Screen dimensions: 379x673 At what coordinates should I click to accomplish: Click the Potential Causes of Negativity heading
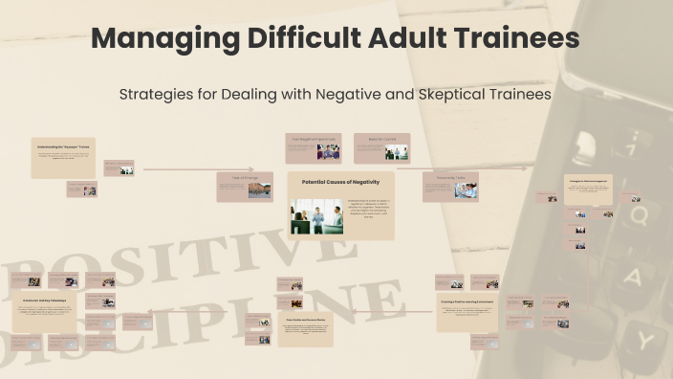[x=340, y=181]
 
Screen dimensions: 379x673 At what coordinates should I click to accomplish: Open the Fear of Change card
[x=244, y=187]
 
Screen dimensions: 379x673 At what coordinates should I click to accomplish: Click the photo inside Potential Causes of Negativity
[x=316, y=215]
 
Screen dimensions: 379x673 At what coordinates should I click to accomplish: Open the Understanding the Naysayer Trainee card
[x=63, y=156]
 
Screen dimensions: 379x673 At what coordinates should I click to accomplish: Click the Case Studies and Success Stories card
[x=305, y=326]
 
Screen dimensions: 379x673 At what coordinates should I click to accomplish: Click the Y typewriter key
[x=646, y=338]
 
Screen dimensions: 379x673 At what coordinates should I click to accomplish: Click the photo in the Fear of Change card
[x=258, y=189]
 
